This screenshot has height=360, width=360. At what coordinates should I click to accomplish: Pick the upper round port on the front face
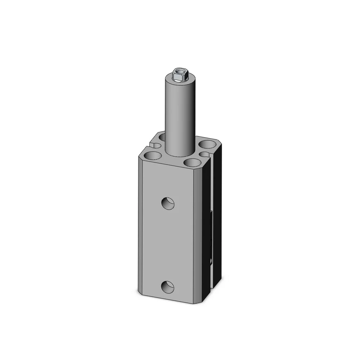[168, 203]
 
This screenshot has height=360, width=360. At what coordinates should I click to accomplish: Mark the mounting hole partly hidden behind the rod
[162, 137]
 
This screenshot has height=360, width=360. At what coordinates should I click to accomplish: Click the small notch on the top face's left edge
[154, 145]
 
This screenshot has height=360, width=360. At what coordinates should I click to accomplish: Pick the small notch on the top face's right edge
[204, 154]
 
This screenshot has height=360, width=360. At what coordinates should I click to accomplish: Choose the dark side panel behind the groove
[219, 216]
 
